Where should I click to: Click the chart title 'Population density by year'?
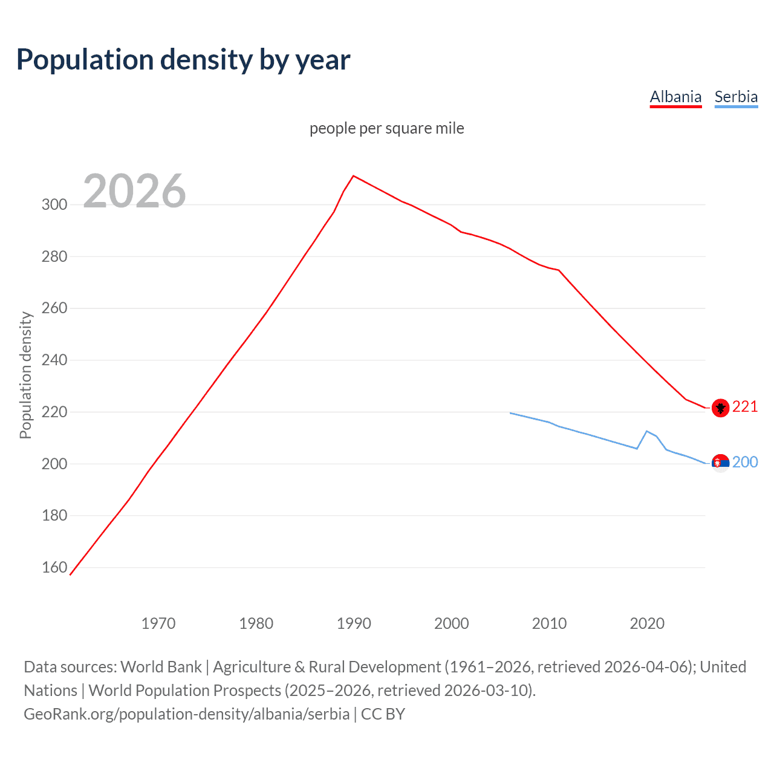(x=183, y=60)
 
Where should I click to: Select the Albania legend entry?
(x=675, y=97)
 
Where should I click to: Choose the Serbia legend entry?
(x=736, y=97)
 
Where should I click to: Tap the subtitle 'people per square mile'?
(x=386, y=128)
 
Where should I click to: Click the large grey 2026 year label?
(x=134, y=191)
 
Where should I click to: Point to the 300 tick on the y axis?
(x=54, y=204)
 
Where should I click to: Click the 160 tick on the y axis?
(x=54, y=567)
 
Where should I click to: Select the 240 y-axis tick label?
(x=54, y=360)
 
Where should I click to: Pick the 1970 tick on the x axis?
(x=158, y=623)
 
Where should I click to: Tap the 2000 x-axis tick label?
(x=451, y=623)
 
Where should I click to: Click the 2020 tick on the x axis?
(x=647, y=623)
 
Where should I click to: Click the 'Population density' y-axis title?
(x=25, y=375)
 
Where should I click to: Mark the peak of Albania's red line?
(x=354, y=176)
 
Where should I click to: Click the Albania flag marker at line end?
(x=720, y=408)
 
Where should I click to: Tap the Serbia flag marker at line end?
(x=720, y=463)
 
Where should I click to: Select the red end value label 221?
(x=745, y=407)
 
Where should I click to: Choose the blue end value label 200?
(x=745, y=462)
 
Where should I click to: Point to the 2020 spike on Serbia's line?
(x=647, y=431)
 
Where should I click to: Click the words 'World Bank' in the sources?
(x=161, y=666)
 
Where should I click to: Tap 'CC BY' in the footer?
(x=383, y=714)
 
